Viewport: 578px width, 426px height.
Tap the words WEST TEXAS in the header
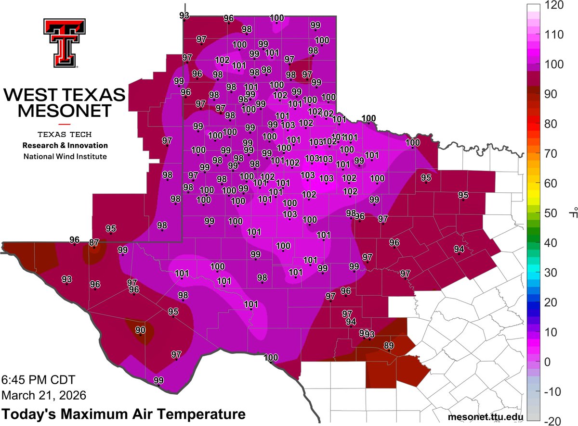tap(65, 95)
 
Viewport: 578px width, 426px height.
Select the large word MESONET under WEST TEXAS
tap(65, 112)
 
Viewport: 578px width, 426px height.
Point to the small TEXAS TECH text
tap(65, 134)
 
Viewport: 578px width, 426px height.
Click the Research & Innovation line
tap(65, 145)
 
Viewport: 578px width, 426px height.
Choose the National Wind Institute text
tap(65, 156)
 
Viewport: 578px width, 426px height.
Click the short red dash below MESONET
tap(65, 125)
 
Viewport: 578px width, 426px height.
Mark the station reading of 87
tap(94, 243)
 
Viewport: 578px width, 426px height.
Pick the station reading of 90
tap(140, 330)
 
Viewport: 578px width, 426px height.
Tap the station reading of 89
tap(389, 346)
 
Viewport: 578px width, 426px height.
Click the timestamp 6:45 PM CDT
tap(38, 380)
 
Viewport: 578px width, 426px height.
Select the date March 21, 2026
tap(44, 395)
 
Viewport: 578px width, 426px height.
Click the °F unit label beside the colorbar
tap(572, 213)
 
